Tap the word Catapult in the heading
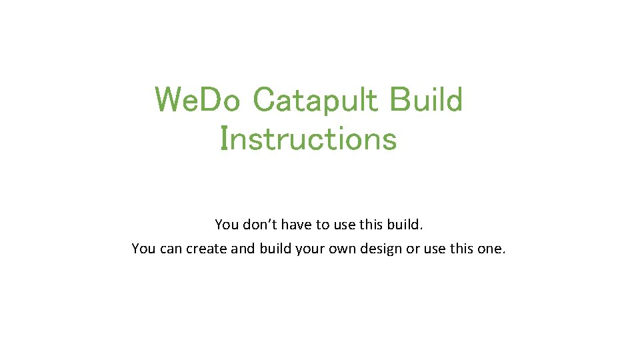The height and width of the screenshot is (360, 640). (317, 101)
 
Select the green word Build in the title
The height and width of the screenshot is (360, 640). (426, 101)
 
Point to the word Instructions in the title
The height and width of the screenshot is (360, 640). (308, 139)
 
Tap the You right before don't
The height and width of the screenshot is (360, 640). (226, 225)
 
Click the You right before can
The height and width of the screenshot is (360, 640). (143, 249)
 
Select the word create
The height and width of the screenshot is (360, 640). (207, 249)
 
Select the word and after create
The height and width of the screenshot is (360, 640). (244, 249)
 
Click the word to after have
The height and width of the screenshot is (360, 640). (323, 225)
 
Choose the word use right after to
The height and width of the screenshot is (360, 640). (345, 225)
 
